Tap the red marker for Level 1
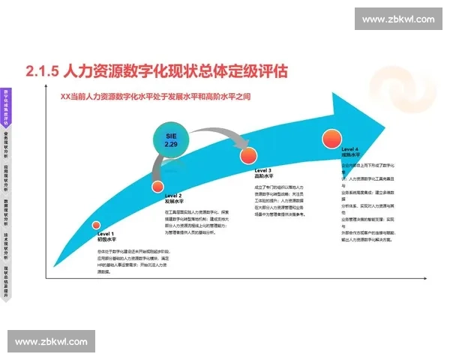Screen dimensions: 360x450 click(96, 225)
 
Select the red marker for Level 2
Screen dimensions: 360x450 click(157, 187)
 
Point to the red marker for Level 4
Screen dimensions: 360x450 click(331, 138)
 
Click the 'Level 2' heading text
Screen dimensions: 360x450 click(173, 196)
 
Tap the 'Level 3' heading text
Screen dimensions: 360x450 click(264, 171)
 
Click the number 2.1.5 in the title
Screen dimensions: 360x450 click(42, 72)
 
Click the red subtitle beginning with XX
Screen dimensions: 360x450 click(161, 97)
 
